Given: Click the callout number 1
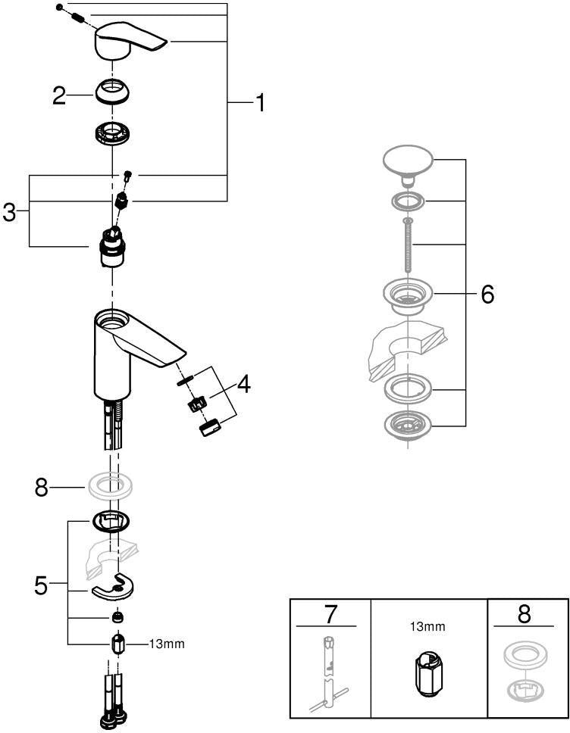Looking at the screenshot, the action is click(x=260, y=102).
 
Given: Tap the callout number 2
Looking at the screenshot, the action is click(x=59, y=95).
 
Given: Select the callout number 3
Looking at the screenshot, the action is click(x=9, y=213).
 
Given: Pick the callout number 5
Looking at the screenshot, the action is click(x=41, y=585).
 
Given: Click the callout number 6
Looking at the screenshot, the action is click(x=487, y=295).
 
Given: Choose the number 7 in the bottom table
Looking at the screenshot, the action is click(x=330, y=614).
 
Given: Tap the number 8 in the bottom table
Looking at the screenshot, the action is click(x=524, y=614).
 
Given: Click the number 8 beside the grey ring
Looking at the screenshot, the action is click(x=41, y=488).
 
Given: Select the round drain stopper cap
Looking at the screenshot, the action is click(x=408, y=165).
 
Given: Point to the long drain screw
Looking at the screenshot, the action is click(x=408, y=245).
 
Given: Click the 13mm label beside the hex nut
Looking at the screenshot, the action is click(x=167, y=644).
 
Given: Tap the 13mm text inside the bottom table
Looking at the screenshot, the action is click(x=427, y=626).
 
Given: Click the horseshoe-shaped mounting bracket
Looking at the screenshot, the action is click(x=113, y=586).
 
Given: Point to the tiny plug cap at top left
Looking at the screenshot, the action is click(x=59, y=7).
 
